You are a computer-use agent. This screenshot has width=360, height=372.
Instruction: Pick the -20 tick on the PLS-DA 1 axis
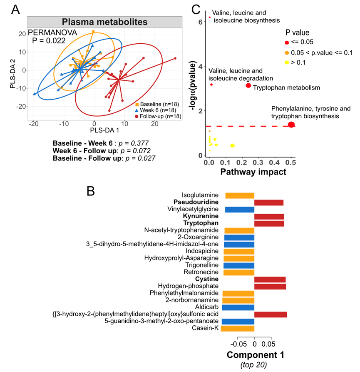[x=32, y=124]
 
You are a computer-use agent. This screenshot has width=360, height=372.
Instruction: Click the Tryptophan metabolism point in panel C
[x=248, y=85]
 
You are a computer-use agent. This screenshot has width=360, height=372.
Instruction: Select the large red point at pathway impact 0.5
[x=291, y=124]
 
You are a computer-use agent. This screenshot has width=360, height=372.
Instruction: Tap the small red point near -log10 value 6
[x=210, y=17]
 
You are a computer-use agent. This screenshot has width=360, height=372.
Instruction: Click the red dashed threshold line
[x=250, y=126]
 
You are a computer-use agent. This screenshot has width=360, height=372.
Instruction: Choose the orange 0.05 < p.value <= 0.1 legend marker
[x=287, y=52]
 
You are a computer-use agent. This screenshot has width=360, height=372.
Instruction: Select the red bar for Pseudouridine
[x=268, y=202]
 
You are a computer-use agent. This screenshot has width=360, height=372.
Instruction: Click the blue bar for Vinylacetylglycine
[x=240, y=210]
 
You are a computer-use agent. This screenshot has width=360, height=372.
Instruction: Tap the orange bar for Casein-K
[x=238, y=329]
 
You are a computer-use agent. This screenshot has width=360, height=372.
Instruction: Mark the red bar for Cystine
[x=270, y=279]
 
